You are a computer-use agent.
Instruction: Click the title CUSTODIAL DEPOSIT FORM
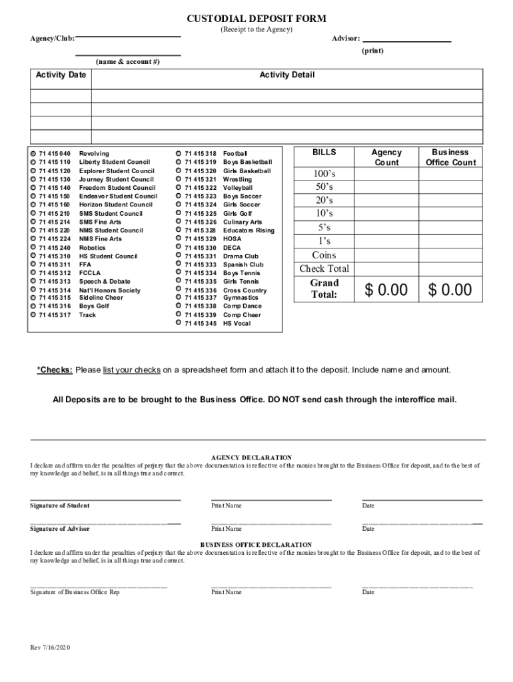[x=256, y=19]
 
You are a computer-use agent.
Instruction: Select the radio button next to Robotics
[x=33, y=248]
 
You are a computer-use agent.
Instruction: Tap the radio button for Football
[x=179, y=154]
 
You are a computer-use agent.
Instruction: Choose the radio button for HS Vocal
[x=179, y=324]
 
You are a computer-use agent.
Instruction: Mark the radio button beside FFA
[x=33, y=264]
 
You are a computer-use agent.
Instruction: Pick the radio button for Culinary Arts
[x=179, y=222]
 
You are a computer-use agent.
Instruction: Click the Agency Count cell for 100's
[x=386, y=174]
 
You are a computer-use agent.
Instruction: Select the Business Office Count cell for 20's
[x=451, y=200]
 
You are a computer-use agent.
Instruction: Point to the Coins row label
[x=324, y=255]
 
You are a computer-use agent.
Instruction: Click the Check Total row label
[x=324, y=269]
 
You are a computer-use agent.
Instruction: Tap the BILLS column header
[x=324, y=153]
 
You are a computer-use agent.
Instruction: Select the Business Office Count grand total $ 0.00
[x=451, y=290]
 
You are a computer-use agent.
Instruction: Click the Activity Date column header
[x=61, y=75]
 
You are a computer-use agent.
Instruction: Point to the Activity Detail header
[x=287, y=75]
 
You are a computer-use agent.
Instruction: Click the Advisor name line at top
[x=406, y=39]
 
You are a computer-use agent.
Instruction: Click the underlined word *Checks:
[x=55, y=370]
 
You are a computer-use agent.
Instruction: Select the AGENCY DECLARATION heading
[x=251, y=458]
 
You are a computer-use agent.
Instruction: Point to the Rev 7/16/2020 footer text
[x=50, y=648]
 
